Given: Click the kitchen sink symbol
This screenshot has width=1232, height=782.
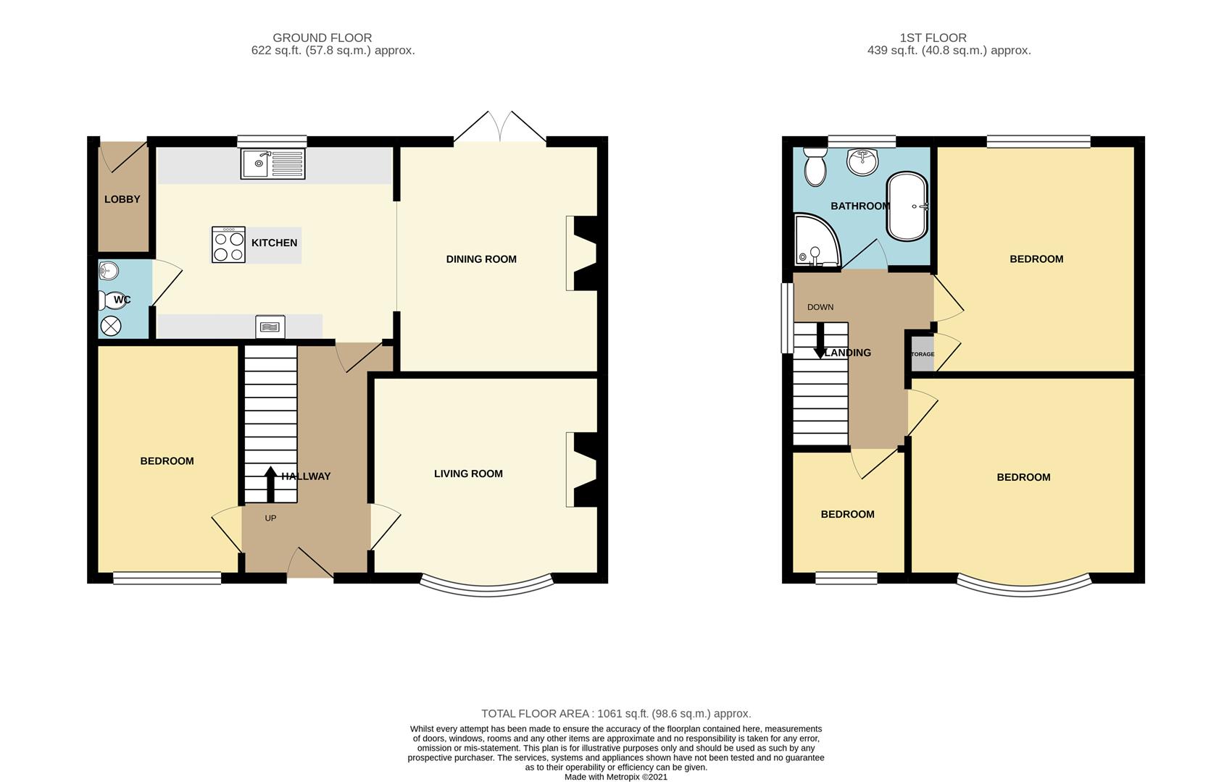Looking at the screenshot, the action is (x=272, y=163).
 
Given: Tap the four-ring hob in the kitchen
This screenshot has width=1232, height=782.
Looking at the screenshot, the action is (x=228, y=245).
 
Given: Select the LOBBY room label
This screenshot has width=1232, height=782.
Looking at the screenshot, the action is (x=122, y=200).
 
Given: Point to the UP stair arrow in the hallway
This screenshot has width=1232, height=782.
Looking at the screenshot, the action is (x=270, y=484).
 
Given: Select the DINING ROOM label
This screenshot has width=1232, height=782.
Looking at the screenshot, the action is (x=481, y=259).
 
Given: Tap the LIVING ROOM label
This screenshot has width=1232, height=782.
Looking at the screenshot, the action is (x=468, y=474).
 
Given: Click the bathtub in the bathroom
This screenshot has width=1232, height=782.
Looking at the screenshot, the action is (x=907, y=206).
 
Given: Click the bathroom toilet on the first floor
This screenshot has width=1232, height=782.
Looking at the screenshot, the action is (x=814, y=167).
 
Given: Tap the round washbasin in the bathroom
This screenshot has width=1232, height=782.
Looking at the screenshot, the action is (x=863, y=161).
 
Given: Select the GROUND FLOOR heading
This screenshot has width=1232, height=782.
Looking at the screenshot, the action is (x=322, y=38).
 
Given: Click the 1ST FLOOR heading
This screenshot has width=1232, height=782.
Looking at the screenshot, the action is (x=933, y=38).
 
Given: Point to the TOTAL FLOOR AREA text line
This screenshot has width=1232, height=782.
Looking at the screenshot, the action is (x=616, y=713).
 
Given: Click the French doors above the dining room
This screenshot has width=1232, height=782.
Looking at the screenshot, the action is (x=500, y=127).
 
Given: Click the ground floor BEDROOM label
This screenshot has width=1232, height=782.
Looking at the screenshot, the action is (x=167, y=461).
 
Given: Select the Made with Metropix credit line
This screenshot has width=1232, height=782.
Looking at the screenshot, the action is (x=616, y=777).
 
